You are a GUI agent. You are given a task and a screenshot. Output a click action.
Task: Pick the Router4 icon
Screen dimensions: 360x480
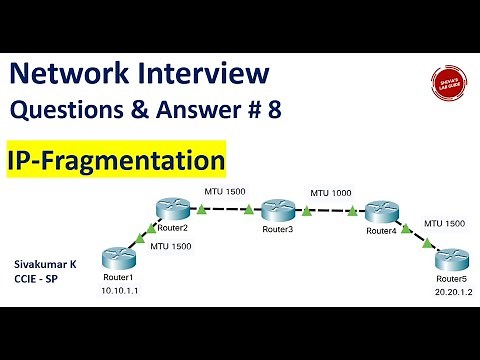[382, 211]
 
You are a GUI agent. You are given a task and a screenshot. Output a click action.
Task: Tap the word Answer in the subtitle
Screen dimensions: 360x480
[206, 110]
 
